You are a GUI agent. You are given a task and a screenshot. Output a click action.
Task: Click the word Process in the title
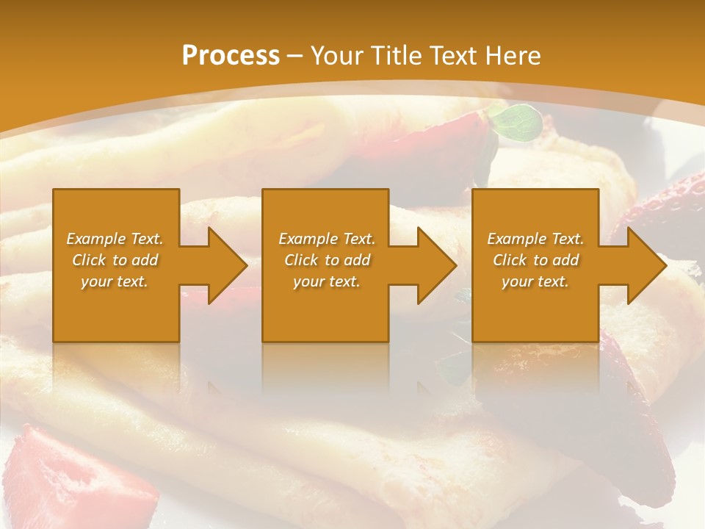click(231, 56)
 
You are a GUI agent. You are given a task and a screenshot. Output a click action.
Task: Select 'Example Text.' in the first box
click(115, 239)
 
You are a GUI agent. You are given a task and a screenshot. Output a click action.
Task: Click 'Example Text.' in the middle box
click(327, 239)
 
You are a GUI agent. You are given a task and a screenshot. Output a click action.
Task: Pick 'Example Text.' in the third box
click(535, 239)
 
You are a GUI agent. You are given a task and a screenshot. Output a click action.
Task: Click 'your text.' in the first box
click(115, 281)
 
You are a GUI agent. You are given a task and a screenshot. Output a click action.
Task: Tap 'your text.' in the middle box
click(327, 281)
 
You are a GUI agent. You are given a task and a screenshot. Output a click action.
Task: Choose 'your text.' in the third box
click(535, 281)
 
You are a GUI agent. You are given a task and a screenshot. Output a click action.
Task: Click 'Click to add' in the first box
click(115, 260)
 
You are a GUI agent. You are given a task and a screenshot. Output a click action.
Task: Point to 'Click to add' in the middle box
click(327, 260)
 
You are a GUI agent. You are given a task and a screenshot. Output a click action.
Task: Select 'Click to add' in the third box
click(535, 260)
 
